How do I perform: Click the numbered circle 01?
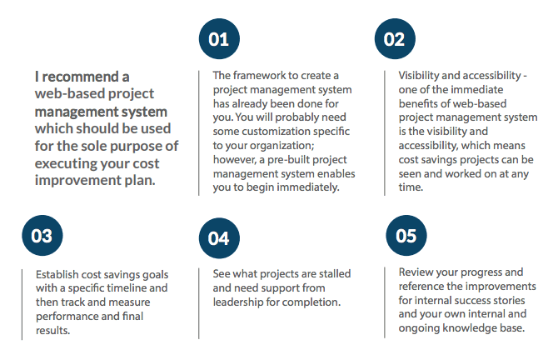(x=219, y=39)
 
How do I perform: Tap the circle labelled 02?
(x=395, y=39)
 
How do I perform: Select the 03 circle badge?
(x=42, y=235)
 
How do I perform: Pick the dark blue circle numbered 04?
(x=219, y=238)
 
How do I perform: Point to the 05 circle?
(x=406, y=235)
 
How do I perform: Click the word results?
(x=53, y=330)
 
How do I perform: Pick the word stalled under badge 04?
(x=330, y=274)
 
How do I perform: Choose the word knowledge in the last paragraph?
(x=466, y=328)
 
